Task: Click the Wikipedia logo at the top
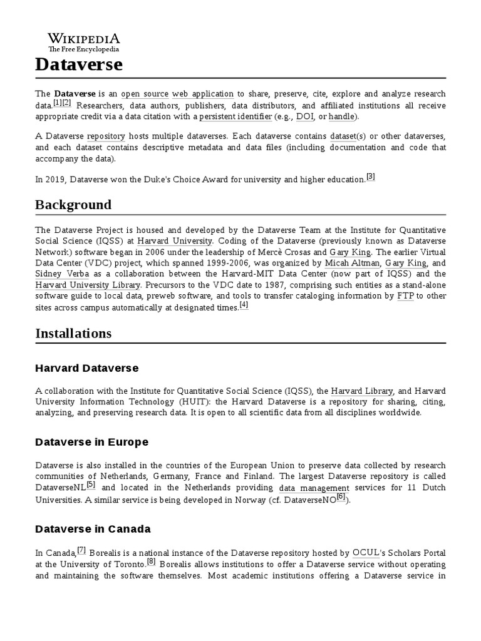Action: [x=84, y=42]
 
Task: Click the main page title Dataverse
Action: [x=79, y=64]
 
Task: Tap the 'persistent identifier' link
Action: [x=235, y=116]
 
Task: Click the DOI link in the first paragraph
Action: [x=305, y=116]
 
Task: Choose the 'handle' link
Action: [x=342, y=116]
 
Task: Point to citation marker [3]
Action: [x=370, y=177]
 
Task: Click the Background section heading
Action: [x=73, y=205]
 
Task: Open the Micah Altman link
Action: [x=351, y=263]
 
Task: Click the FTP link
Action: [x=406, y=295]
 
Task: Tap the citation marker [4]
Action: [x=244, y=305]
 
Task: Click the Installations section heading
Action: [x=73, y=333]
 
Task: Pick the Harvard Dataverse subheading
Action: [x=86, y=368]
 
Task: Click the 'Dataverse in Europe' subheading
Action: [x=91, y=442]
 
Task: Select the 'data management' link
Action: [x=314, y=488]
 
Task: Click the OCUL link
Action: [x=367, y=553]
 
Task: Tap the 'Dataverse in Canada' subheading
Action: [x=93, y=529]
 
